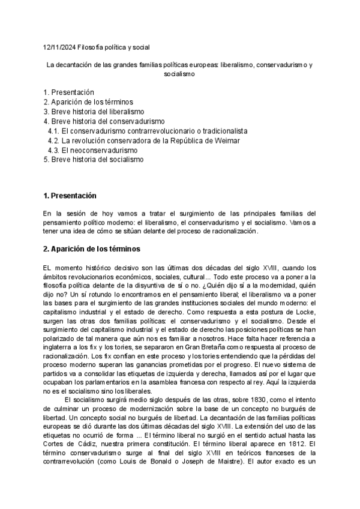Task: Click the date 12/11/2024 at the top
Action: pos(59,46)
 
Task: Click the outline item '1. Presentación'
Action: pos(69,92)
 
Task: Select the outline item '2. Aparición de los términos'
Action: pos(88,102)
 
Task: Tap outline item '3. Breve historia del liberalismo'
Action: pos(94,112)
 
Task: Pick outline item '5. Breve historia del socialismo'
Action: pos(94,160)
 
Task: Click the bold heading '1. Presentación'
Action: pos(70,196)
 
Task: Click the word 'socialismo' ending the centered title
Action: pos(179,74)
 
